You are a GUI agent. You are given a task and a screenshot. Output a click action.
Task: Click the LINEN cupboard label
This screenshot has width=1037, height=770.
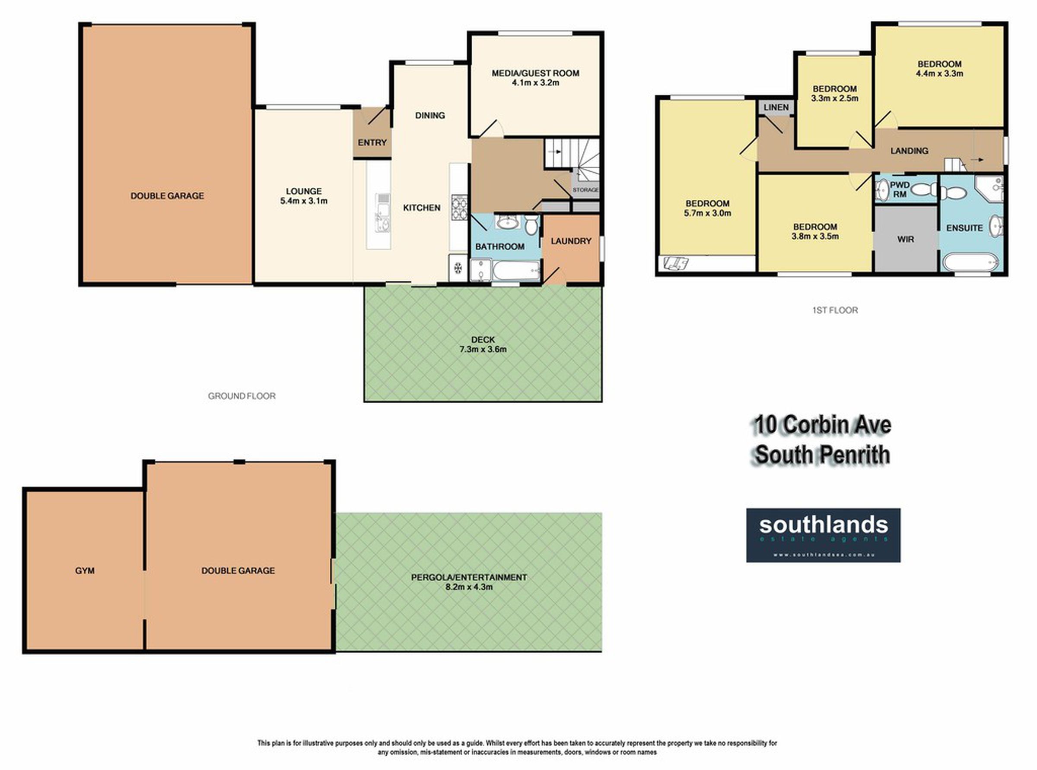pos(776,107)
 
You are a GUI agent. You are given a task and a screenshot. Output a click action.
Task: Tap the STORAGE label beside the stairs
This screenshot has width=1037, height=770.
pos(585,190)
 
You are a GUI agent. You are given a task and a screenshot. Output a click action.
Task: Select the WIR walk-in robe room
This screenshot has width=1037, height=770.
pos(906,239)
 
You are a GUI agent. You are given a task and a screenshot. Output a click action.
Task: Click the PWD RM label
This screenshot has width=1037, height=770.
pos(900,189)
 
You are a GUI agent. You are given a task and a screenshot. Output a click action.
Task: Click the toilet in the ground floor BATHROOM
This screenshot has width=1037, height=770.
pos(531,225)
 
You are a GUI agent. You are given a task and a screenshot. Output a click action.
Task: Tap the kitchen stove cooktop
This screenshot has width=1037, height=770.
pos(459,206)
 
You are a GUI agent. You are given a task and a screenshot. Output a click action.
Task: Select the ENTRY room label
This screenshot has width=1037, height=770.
pos(372,142)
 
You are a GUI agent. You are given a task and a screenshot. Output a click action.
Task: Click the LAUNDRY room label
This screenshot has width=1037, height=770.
pos(571,241)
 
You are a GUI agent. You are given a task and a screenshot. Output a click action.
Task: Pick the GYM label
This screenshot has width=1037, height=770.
pos(85,571)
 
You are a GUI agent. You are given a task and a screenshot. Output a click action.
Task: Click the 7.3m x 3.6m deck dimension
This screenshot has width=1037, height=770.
pos(483,349)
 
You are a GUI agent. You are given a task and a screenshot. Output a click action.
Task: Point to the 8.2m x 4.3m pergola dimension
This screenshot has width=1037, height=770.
pos(469,587)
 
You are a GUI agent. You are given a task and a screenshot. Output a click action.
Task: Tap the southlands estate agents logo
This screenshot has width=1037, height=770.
pos(824,535)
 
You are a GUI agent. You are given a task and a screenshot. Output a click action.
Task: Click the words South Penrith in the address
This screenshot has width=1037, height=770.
pos(822,455)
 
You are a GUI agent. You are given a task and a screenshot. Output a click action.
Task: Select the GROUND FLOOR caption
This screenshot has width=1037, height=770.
pos(242,396)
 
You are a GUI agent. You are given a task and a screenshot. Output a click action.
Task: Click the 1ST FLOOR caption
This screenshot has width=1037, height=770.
pos(835,310)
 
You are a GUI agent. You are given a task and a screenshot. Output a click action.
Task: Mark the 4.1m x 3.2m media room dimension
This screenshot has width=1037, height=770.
pos(535,83)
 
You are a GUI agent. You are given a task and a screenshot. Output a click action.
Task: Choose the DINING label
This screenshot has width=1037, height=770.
pos(430,116)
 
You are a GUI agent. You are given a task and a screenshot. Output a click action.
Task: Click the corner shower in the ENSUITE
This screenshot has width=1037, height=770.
pos(989,189)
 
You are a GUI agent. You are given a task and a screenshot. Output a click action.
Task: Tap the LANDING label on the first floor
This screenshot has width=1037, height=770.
pos(909,151)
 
